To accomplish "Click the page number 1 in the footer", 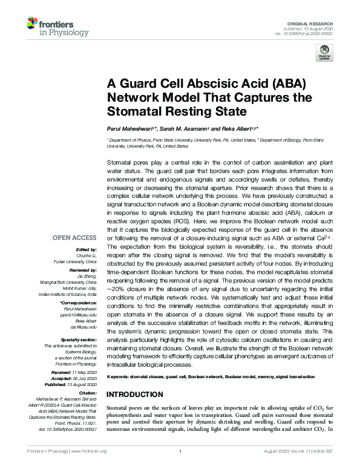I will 180,468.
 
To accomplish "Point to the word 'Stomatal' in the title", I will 132,111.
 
